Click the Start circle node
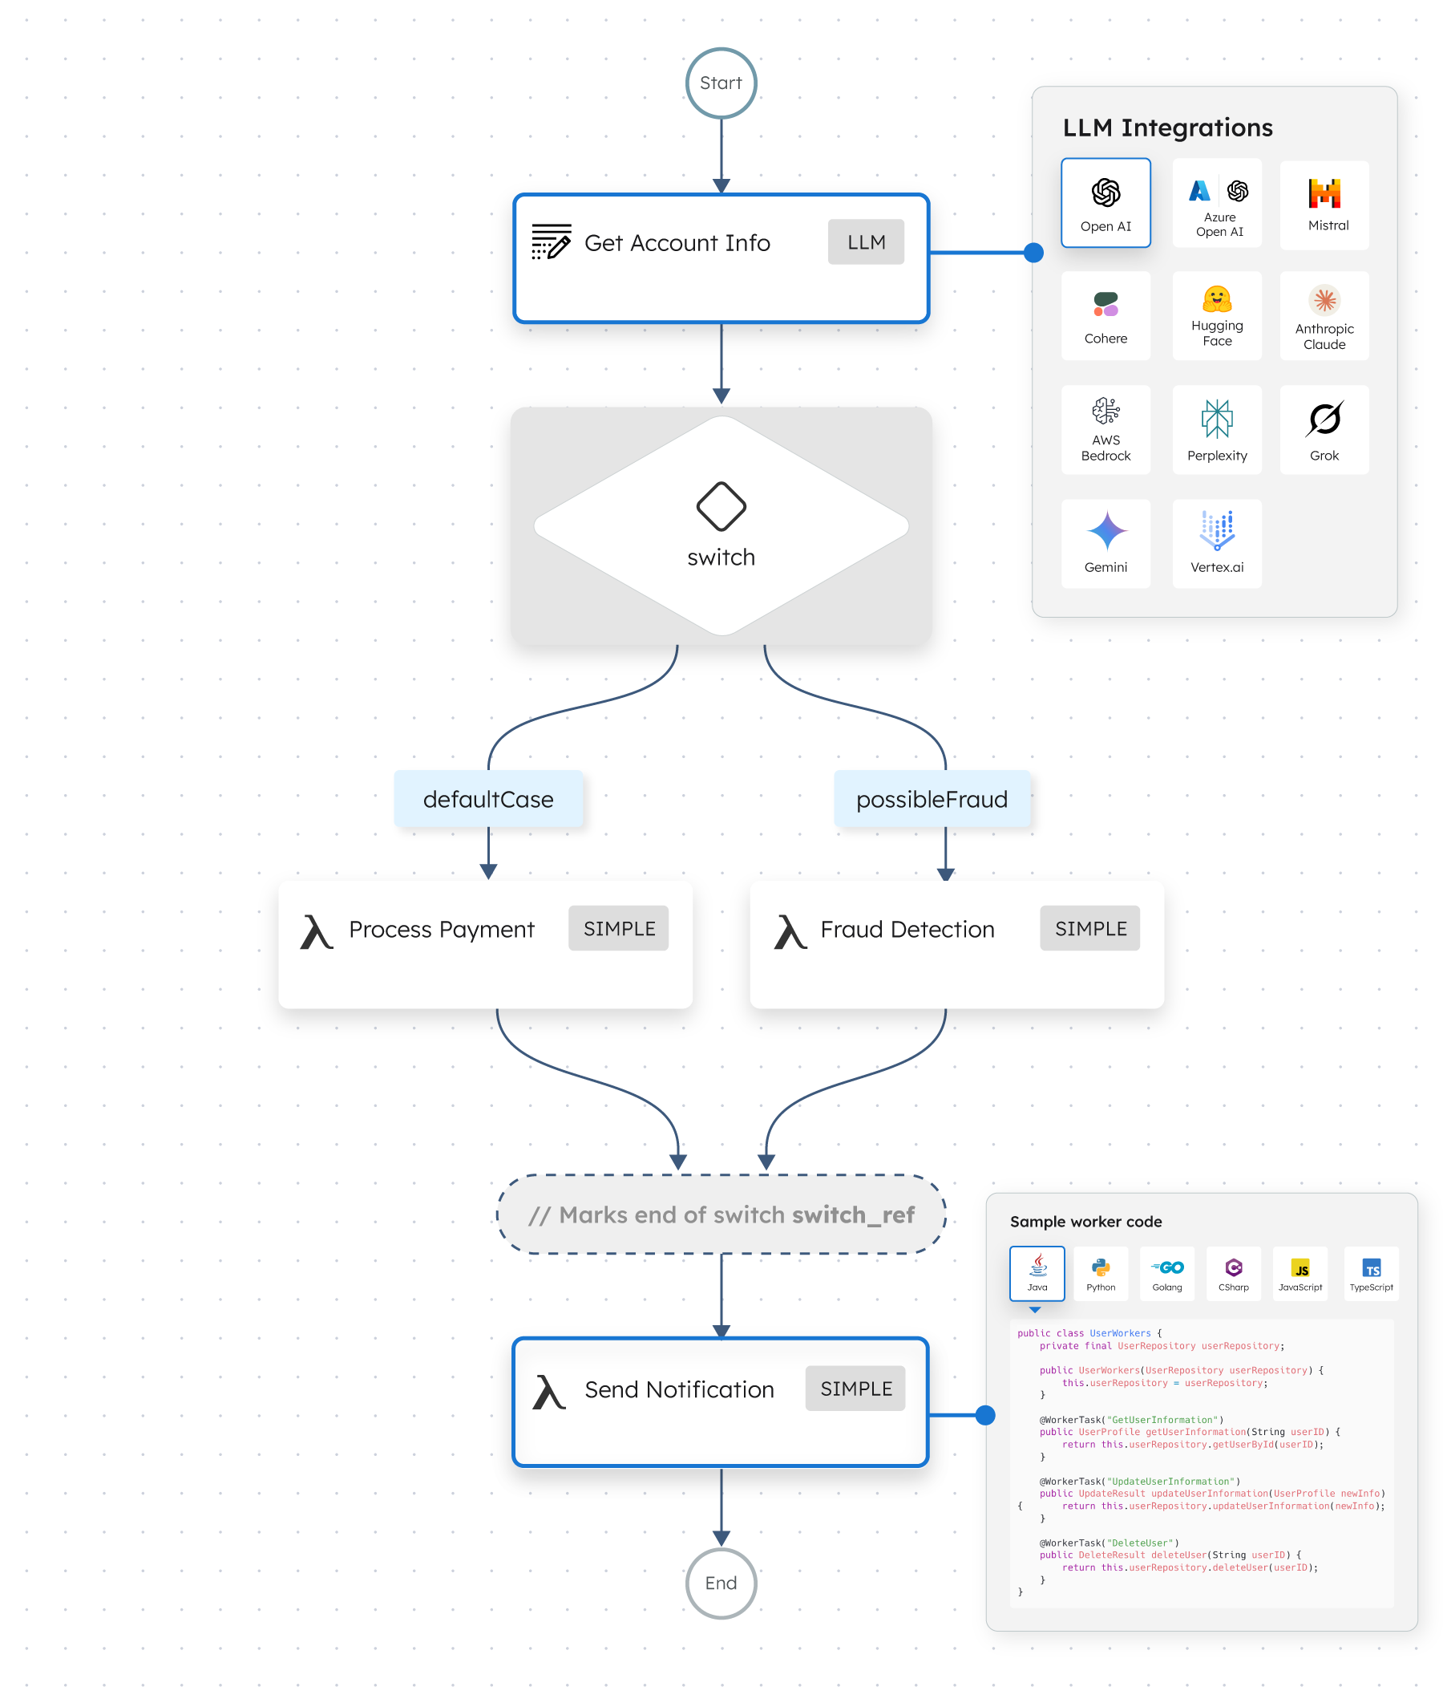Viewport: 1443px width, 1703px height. (x=721, y=83)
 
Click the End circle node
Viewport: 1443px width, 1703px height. (x=721, y=1583)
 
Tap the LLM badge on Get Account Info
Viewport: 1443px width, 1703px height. (x=866, y=242)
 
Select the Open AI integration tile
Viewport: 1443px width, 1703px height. (x=1105, y=203)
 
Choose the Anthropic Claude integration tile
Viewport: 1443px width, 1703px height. (x=1324, y=316)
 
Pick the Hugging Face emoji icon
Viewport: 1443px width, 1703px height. (x=1216, y=299)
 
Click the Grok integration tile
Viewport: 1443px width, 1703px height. (x=1324, y=430)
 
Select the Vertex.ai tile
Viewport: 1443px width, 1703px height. (x=1216, y=543)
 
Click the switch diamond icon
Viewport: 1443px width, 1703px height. (x=721, y=505)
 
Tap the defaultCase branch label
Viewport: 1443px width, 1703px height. (x=488, y=799)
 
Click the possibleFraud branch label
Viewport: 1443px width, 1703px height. (x=932, y=799)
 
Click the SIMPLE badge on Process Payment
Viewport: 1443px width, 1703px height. (x=618, y=928)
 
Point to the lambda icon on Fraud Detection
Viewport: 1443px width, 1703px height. (x=790, y=931)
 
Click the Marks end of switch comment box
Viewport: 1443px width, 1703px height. (x=721, y=1214)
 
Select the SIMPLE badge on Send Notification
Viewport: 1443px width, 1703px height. (x=855, y=1388)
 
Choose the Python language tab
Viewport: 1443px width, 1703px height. (x=1100, y=1273)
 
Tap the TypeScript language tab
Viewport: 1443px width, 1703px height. (x=1371, y=1273)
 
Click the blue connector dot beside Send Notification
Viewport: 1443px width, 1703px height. (x=986, y=1415)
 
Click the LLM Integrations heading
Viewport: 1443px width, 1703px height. (x=1167, y=128)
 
